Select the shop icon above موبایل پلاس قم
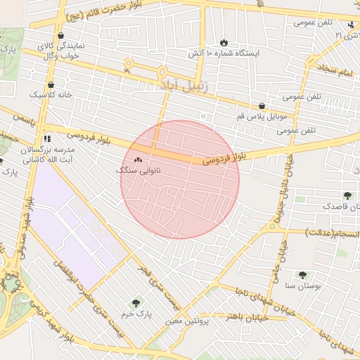(262, 105)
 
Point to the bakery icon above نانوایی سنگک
(138, 160)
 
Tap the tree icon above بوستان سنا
(302, 275)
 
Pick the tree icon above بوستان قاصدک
(347, 195)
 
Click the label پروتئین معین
(188, 321)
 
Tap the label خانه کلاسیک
(49, 94)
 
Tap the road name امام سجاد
(338, 70)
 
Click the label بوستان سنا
(304, 286)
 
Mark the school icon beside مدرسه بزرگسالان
(47, 139)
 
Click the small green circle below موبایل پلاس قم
(203, 116)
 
